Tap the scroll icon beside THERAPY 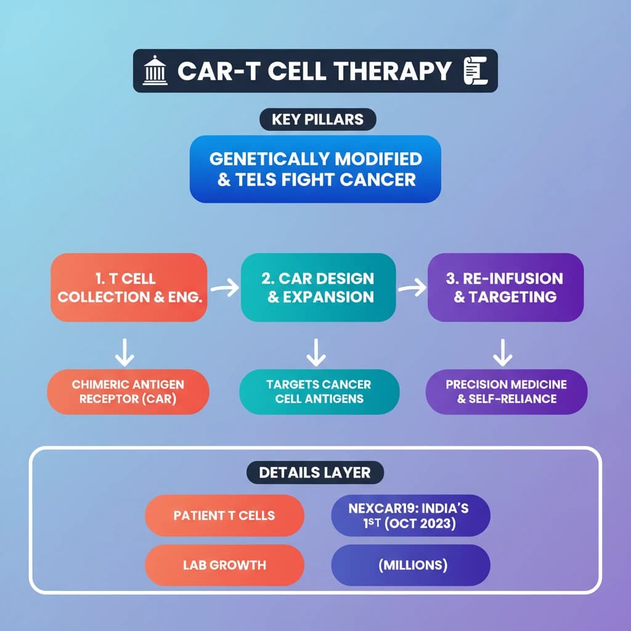(x=475, y=71)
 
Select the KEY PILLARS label (x=315, y=120)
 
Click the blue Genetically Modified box (x=315, y=169)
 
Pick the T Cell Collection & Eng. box (x=129, y=287)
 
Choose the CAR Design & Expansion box (x=318, y=287)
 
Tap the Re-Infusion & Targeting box (x=505, y=287)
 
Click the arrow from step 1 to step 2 (x=224, y=288)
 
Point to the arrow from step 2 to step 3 (x=412, y=288)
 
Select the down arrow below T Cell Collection (x=126, y=351)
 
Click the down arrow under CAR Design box (x=316, y=351)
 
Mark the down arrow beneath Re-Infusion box (x=503, y=351)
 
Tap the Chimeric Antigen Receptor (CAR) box (x=128, y=391)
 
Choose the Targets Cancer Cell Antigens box (x=319, y=391)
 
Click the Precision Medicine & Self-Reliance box (x=506, y=391)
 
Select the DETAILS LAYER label (x=315, y=473)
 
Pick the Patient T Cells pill (x=224, y=515)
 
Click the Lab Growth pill (x=224, y=564)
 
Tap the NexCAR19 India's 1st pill (x=410, y=515)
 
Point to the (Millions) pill (x=410, y=564)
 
